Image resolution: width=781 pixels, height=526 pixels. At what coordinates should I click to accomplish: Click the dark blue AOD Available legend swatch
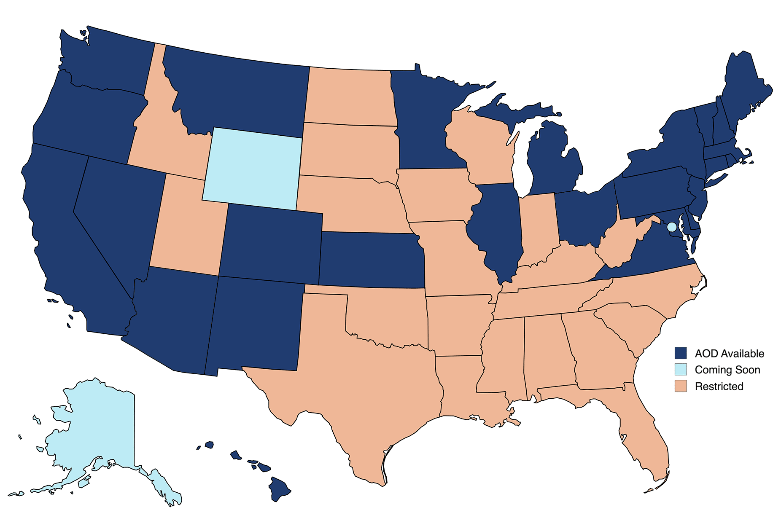coord(681,353)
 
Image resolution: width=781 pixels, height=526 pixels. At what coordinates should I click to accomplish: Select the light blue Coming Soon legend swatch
coord(681,370)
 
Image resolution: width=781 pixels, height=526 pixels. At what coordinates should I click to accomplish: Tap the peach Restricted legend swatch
coord(681,386)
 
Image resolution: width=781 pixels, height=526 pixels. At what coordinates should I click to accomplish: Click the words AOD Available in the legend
coord(729,354)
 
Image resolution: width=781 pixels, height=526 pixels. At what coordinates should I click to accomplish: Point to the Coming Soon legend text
coord(727,370)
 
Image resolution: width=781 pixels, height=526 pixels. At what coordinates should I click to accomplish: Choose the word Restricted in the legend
coord(719,386)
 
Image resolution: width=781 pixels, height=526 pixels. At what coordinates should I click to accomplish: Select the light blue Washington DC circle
coord(672,227)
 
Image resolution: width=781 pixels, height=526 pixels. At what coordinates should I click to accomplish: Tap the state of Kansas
coord(371,259)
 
